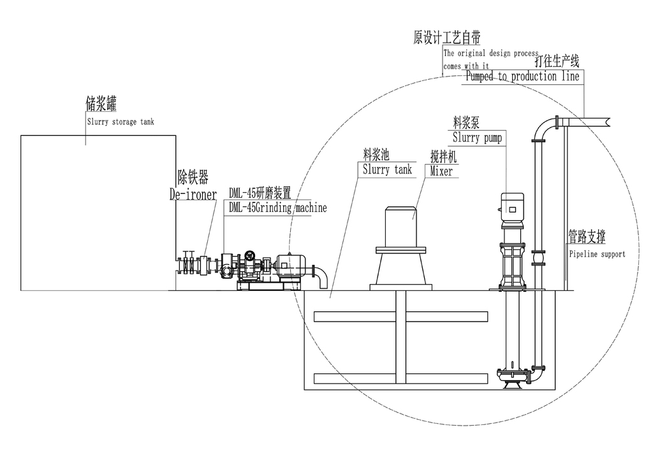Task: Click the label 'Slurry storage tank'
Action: tap(120, 121)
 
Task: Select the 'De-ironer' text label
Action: tap(193, 194)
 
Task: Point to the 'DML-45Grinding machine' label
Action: tap(277, 208)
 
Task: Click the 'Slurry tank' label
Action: tap(387, 170)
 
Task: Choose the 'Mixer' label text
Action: tap(441, 171)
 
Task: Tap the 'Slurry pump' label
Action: tap(477, 137)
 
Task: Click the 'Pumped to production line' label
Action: tap(522, 77)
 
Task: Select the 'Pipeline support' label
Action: tap(597, 254)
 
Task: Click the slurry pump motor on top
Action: tap(513, 205)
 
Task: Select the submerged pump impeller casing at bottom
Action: tap(512, 379)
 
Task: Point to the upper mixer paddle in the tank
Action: tap(395, 317)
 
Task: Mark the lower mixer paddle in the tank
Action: tap(395, 378)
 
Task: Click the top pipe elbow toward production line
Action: tap(543, 128)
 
